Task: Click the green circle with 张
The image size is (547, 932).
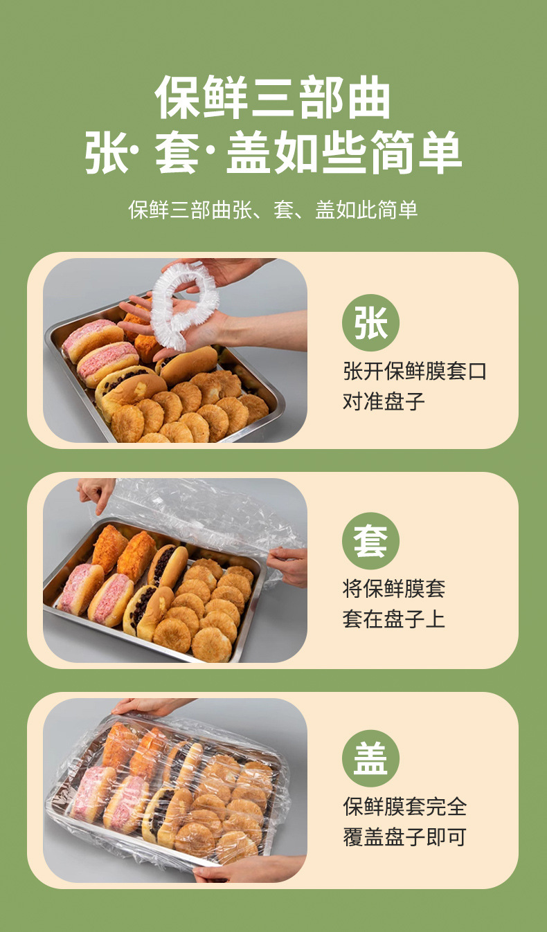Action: click(x=370, y=322)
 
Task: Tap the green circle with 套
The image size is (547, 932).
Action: click(x=370, y=541)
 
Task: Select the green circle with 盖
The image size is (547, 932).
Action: click(x=370, y=758)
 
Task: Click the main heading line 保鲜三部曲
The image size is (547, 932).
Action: click(x=273, y=98)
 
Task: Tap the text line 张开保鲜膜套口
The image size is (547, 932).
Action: click(x=415, y=371)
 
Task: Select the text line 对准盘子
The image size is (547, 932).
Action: click(x=384, y=401)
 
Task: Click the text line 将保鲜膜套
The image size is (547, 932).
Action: click(x=394, y=588)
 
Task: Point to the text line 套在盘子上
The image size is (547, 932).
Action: click(x=394, y=619)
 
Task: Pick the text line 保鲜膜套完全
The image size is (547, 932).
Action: click(x=404, y=807)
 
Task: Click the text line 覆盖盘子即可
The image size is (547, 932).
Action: click(x=404, y=837)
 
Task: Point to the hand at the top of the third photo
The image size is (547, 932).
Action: click(x=150, y=707)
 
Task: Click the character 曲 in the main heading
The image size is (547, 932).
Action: click(x=369, y=98)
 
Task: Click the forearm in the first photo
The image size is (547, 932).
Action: click(x=267, y=329)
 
